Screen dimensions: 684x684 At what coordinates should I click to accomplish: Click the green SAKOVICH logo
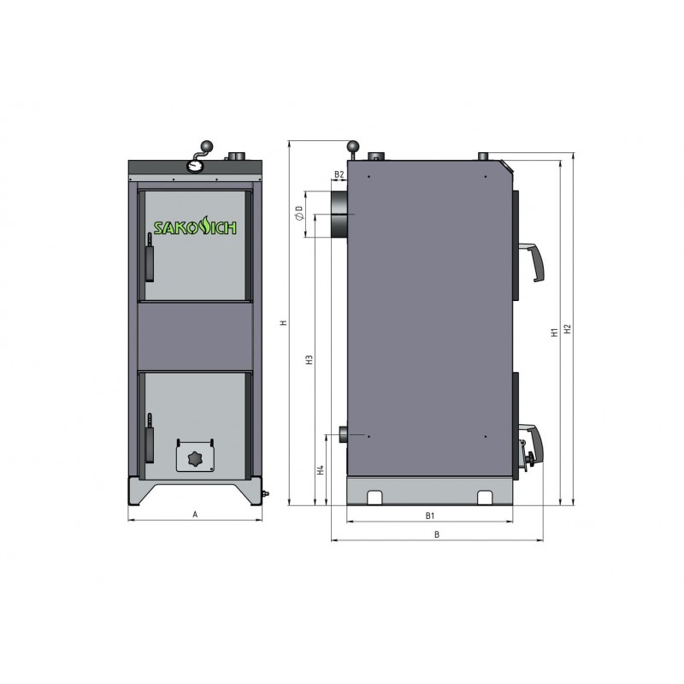pyautogui.click(x=195, y=227)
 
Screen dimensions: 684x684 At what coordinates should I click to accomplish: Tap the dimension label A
pyautogui.click(x=195, y=515)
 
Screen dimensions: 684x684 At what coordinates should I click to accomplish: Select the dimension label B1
pyautogui.click(x=430, y=516)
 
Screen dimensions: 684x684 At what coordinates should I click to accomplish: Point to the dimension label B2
pyautogui.click(x=339, y=174)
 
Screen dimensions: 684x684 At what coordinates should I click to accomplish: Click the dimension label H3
pyautogui.click(x=310, y=360)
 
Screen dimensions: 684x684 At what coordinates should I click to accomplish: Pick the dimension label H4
pyautogui.click(x=321, y=469)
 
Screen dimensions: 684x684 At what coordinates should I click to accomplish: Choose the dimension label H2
pyautogui.click(x=567, y=328)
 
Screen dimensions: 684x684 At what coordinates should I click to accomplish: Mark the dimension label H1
pyautogui.click(x=554, y=333)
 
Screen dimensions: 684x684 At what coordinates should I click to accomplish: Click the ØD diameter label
pyautogui.click(x=300, y=213)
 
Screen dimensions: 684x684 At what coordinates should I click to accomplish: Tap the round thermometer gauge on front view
pyautogui.click(x=194, y=165)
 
